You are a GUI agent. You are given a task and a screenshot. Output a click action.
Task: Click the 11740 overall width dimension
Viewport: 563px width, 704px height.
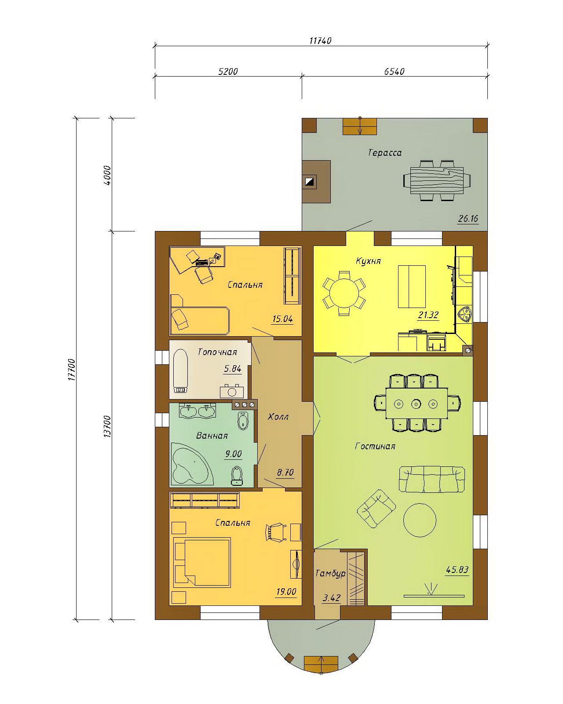coord(320,40)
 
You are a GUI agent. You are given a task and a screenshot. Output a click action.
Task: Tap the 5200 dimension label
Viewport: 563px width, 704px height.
coord(228,71)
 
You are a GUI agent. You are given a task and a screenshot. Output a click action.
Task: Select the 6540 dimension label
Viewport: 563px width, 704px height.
coord(394,71)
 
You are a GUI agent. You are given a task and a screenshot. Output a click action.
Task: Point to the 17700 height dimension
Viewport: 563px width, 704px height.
coord(72,370)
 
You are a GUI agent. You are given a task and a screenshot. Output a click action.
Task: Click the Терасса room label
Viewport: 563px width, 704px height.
coord(385,153)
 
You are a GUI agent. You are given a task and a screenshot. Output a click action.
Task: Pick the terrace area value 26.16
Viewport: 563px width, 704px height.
coord(468,219)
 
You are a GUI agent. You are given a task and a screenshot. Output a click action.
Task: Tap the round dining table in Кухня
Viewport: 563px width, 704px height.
coord(344,293)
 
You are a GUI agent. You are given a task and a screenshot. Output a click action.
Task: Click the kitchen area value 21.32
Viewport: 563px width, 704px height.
coord(428,315)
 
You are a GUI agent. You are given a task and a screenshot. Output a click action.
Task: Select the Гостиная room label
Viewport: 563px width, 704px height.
coord(375,446)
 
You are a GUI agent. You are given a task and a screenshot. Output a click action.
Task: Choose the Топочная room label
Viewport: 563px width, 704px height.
coord(217,352)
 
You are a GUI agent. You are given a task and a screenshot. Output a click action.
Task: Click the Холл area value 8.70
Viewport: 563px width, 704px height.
coord(285,473)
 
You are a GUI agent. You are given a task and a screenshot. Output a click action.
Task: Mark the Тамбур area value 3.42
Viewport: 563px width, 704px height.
coord(331,598)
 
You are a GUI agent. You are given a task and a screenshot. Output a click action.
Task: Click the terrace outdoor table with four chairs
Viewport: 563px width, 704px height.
coord(437,180)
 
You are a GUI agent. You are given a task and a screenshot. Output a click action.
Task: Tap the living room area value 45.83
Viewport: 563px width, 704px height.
coord(457,569)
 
